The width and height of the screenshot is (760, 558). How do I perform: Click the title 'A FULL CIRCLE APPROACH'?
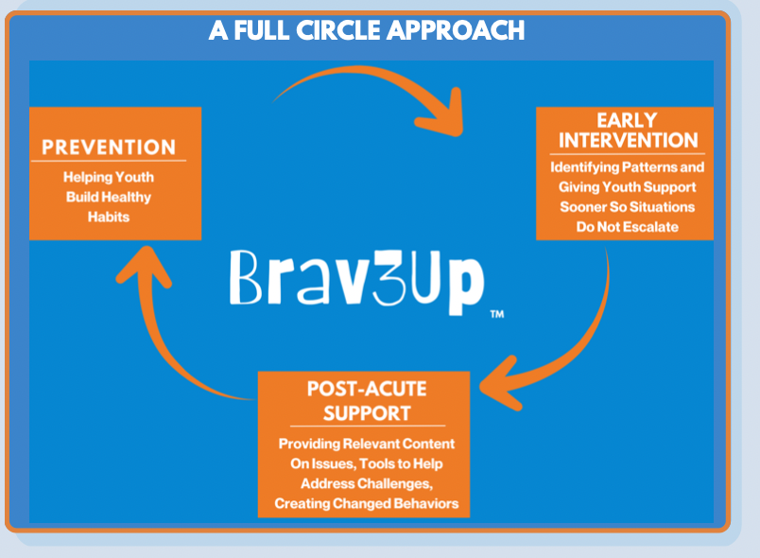(367, 30)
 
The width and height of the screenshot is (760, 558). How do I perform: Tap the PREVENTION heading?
(109, 147)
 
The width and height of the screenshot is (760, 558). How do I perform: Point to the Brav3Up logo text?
(356, 280)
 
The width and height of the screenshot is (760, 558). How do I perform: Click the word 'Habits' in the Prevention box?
(110, 217)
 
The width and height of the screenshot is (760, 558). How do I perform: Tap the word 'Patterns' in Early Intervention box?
(647, 167)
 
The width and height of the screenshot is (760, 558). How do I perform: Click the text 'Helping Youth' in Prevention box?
(109, 177)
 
